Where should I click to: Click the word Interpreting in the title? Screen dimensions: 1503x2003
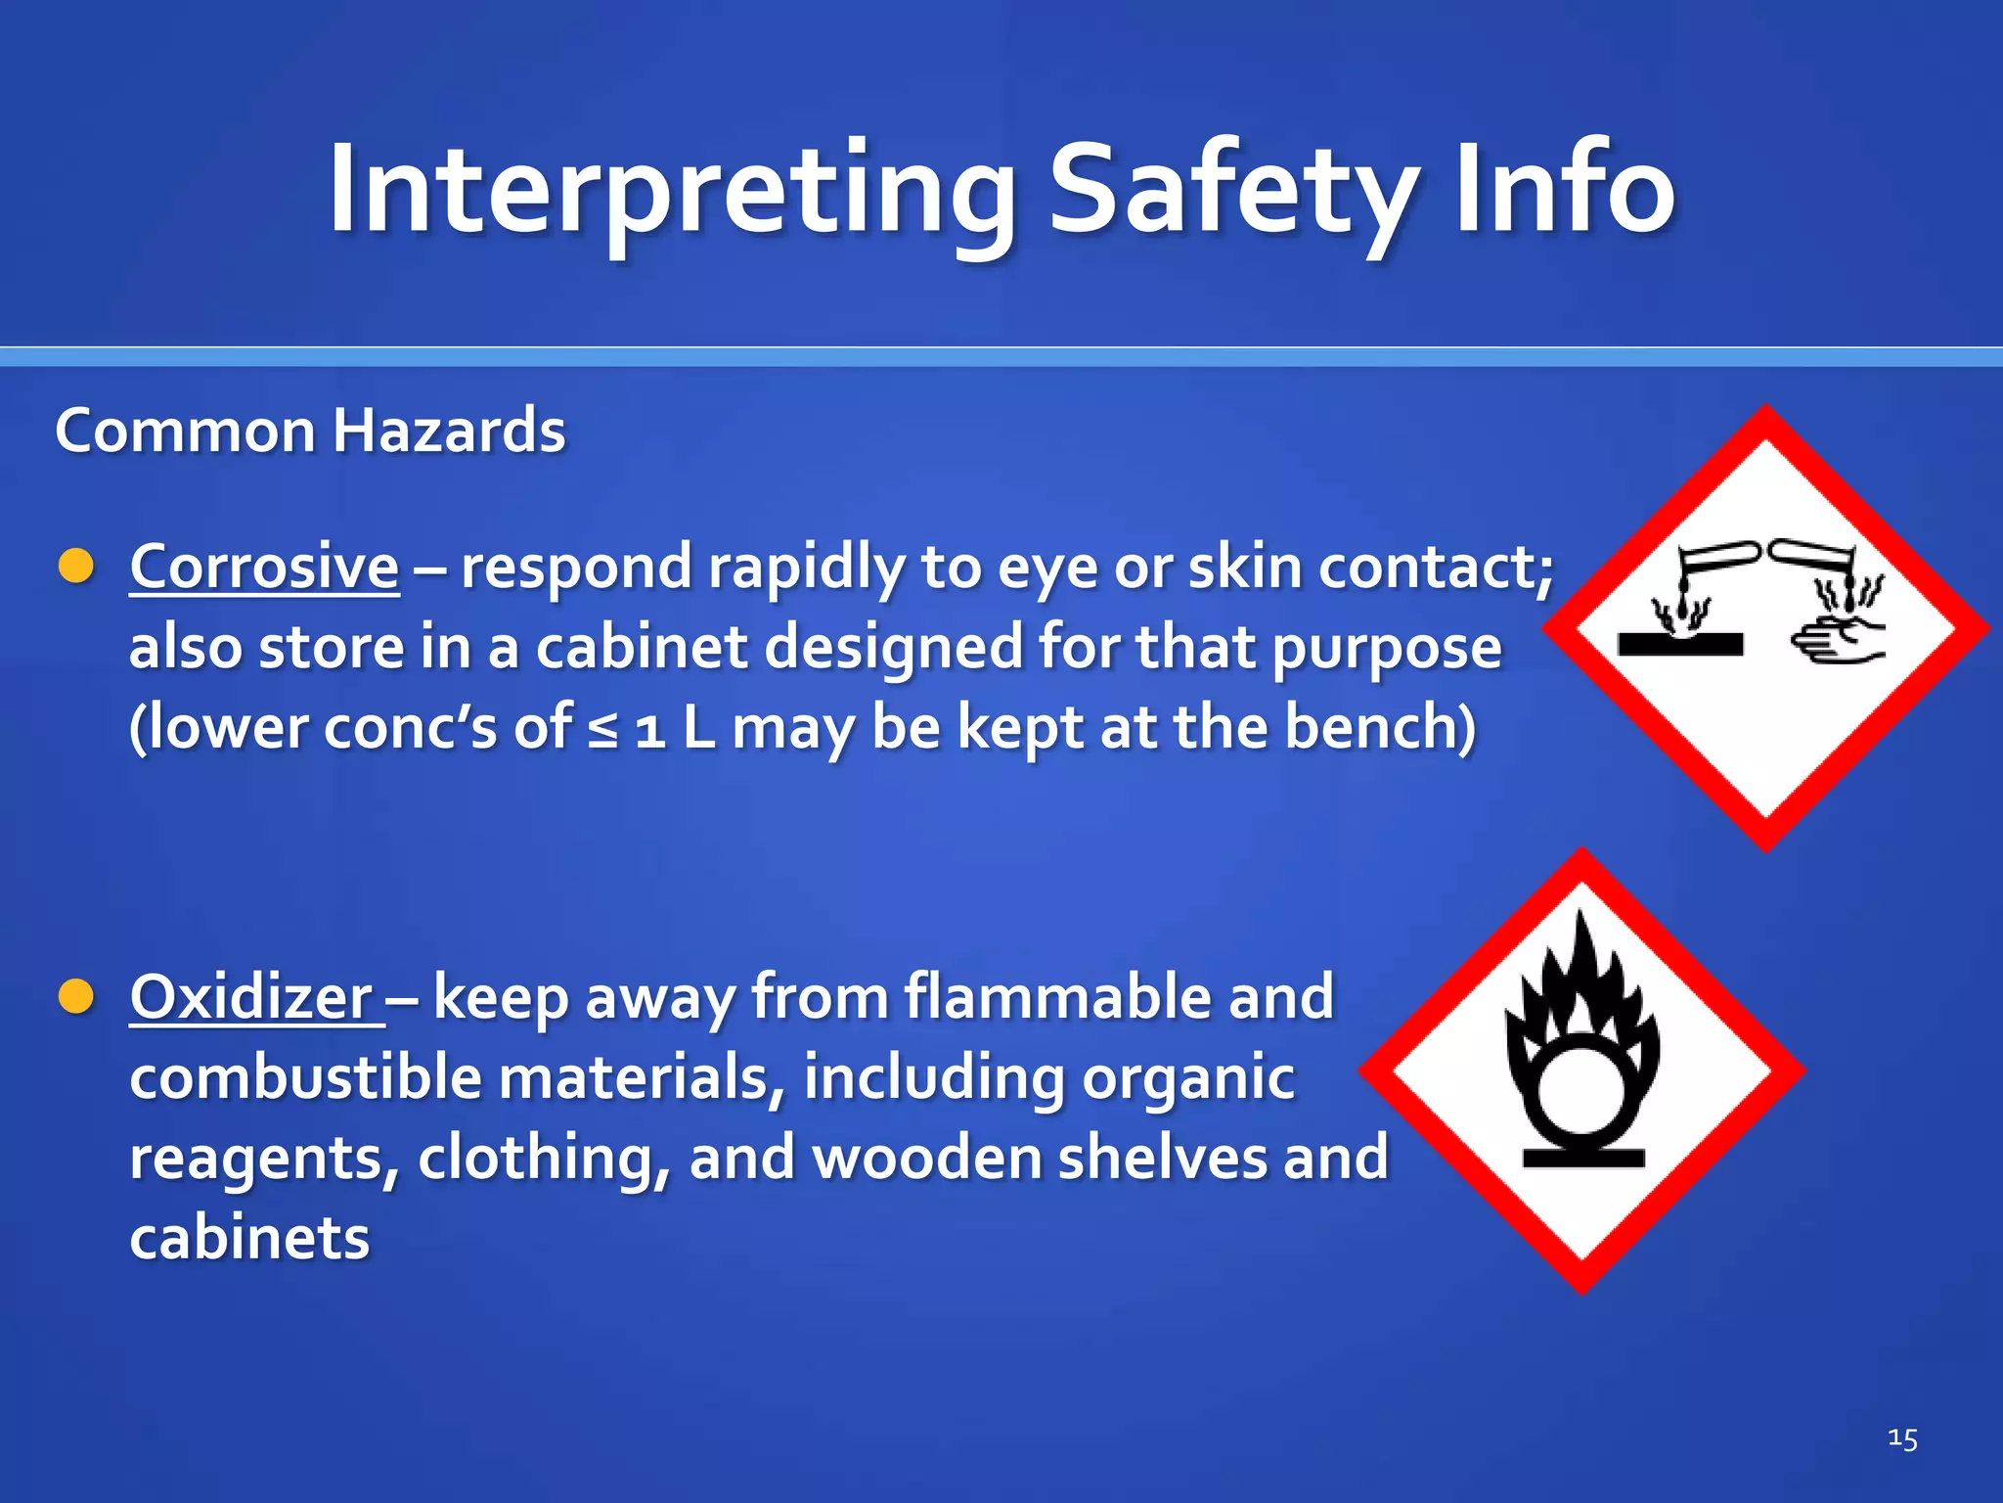tap(673, 191)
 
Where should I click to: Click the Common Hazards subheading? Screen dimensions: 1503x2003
tap(310, 431)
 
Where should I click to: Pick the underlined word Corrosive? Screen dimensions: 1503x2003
tap(264, 568)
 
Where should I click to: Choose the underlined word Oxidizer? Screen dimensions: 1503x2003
tap(252, 998)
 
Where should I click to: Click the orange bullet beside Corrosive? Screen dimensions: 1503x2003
tap(76, 567)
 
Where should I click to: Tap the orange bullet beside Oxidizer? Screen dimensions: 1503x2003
tap(76, 997)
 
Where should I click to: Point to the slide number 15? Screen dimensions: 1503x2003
tap(1902, 1438)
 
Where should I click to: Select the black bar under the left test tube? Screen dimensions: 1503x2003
tap(1680, 645)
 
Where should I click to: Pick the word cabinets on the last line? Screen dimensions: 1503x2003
tap(249, 1238)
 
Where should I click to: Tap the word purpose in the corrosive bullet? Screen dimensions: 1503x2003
tap(1386, 650)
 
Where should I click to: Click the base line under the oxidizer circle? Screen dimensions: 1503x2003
tap(1583, 1159)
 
